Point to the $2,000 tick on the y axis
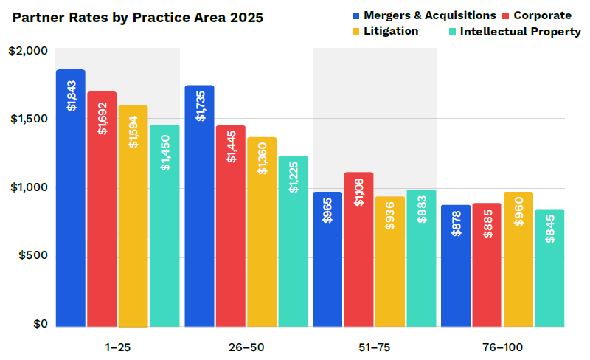tap(28, 50)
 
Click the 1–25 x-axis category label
tap(118, 347)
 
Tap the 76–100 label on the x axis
tap(503, 347)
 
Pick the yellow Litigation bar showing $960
tap(518, 259)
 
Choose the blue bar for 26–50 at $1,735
tap(199, 206)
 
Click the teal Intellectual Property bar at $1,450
tap(164, 225)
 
